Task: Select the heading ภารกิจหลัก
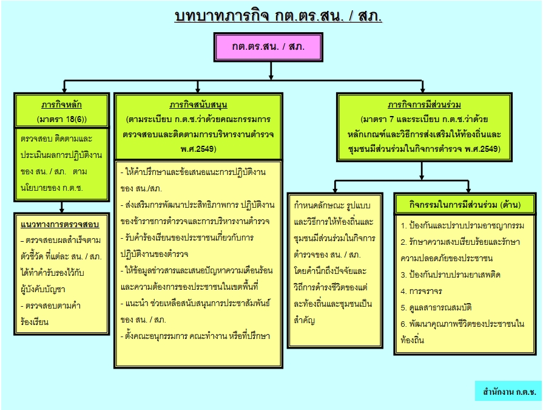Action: click(61, 104)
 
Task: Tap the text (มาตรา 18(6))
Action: click(61, 117)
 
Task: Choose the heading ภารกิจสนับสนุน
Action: click(198, 104)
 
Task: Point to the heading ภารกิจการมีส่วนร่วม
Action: click(421, 104)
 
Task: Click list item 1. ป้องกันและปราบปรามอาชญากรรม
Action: click(462, 225)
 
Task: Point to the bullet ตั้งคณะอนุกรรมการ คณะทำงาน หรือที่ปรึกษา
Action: click(195, 335)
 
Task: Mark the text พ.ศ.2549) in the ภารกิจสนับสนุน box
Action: click(198, 148)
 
